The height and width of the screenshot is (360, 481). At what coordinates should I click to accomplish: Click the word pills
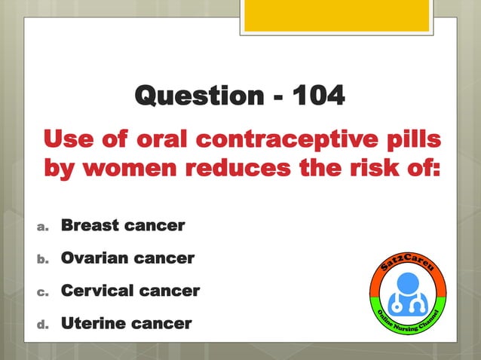coord(408,140)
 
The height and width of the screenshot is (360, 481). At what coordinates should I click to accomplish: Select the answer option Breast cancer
coord(122,225)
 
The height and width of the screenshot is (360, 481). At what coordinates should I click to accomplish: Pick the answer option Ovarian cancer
coord(127,258)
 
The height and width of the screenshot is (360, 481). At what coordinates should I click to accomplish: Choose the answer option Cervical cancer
coord(130,291)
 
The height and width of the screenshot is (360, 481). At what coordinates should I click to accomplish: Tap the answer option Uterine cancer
coord(126,324)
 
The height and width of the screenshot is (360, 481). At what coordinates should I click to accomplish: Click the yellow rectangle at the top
coord(336,15)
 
